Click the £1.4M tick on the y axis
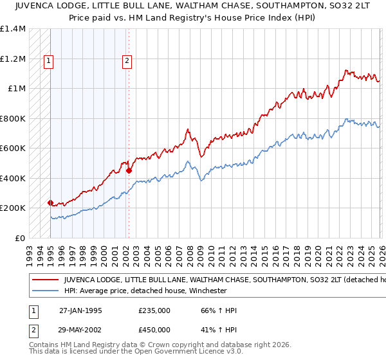(13, 29)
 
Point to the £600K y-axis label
(13, 148)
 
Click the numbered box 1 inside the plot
(50, 61)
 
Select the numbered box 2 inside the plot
(127, 61)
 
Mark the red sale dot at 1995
(50, 203)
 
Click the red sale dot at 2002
(129, 170)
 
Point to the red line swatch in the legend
(45, 280)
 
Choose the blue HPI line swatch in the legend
(45, 291)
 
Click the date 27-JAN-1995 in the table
(80, 310)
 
